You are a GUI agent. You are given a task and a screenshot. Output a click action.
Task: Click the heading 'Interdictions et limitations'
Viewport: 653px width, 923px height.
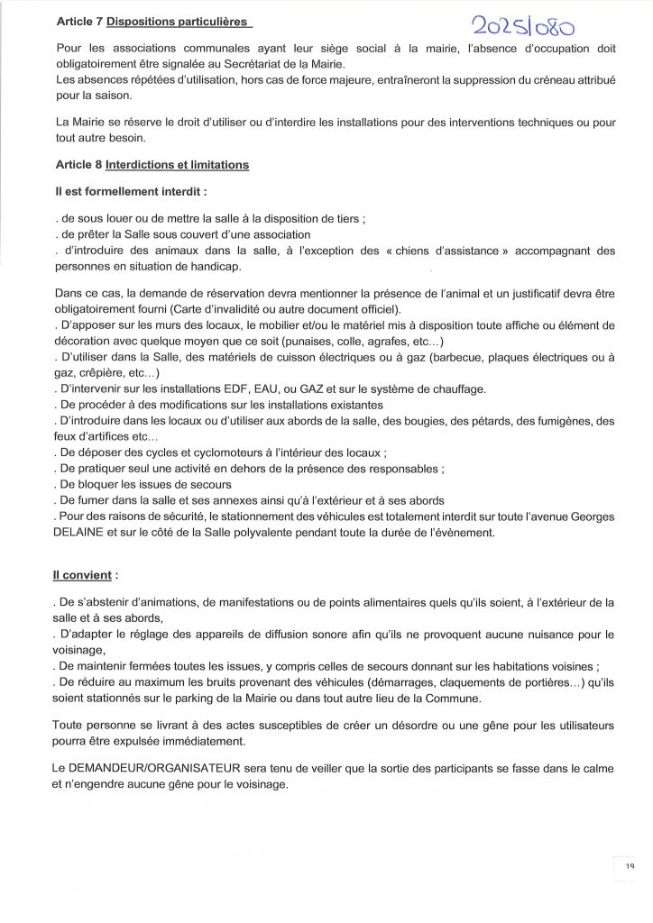177,165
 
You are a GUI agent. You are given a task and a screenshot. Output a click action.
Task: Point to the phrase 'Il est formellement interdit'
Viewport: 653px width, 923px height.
130,191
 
